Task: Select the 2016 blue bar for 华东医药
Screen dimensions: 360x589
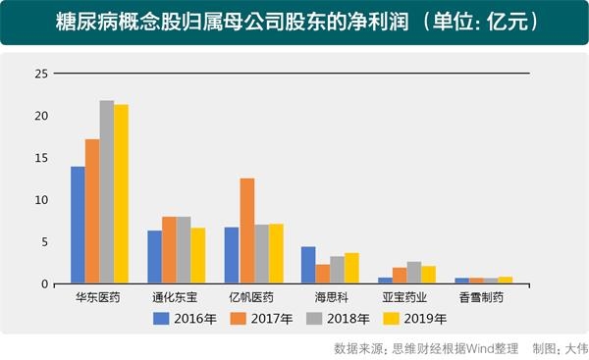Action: pos(78,226)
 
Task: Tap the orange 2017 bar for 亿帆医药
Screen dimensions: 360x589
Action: pos(246,231)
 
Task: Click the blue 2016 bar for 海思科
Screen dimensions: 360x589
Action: pos(307,265)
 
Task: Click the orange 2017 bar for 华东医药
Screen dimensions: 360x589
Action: pos(92,211)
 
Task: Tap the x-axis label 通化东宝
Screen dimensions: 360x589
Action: pos(176,296)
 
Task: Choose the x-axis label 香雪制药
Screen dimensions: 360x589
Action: pos(484,296)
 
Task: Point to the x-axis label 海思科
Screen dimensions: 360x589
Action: pos(330,296)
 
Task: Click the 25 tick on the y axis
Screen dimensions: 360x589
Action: pos(41,75)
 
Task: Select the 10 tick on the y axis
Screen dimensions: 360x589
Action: pos(41,200)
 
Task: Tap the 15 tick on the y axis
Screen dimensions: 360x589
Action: pos(41,158)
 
